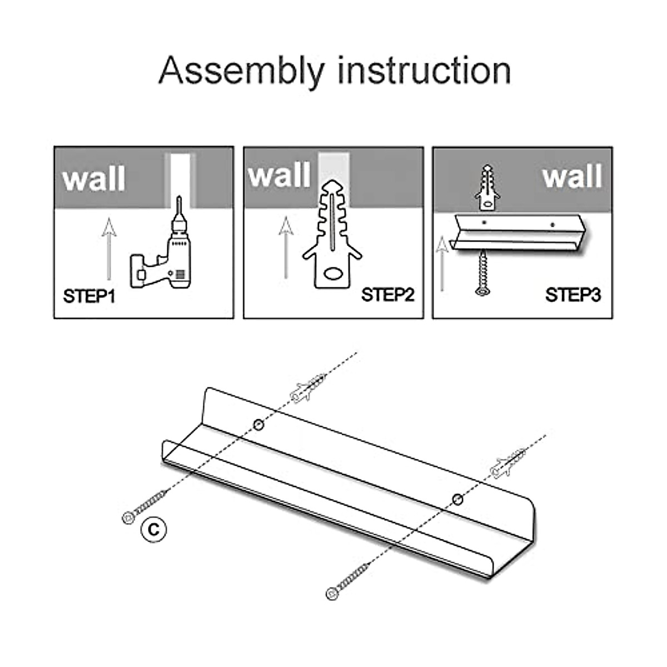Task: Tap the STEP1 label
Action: [89, 296]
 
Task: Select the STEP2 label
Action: [387, 295]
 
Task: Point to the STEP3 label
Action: [573, 295]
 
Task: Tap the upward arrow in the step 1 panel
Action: [109, 247]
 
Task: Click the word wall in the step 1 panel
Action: [93, 179]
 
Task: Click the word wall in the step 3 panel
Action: [572, 176]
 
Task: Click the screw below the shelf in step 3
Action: [482, 272]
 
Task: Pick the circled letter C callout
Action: [153, 529]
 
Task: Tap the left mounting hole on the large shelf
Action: [258, 425]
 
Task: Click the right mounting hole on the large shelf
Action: [457, 499]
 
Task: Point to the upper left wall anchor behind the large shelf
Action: [307, 387]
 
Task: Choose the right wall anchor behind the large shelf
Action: [507, 462]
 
